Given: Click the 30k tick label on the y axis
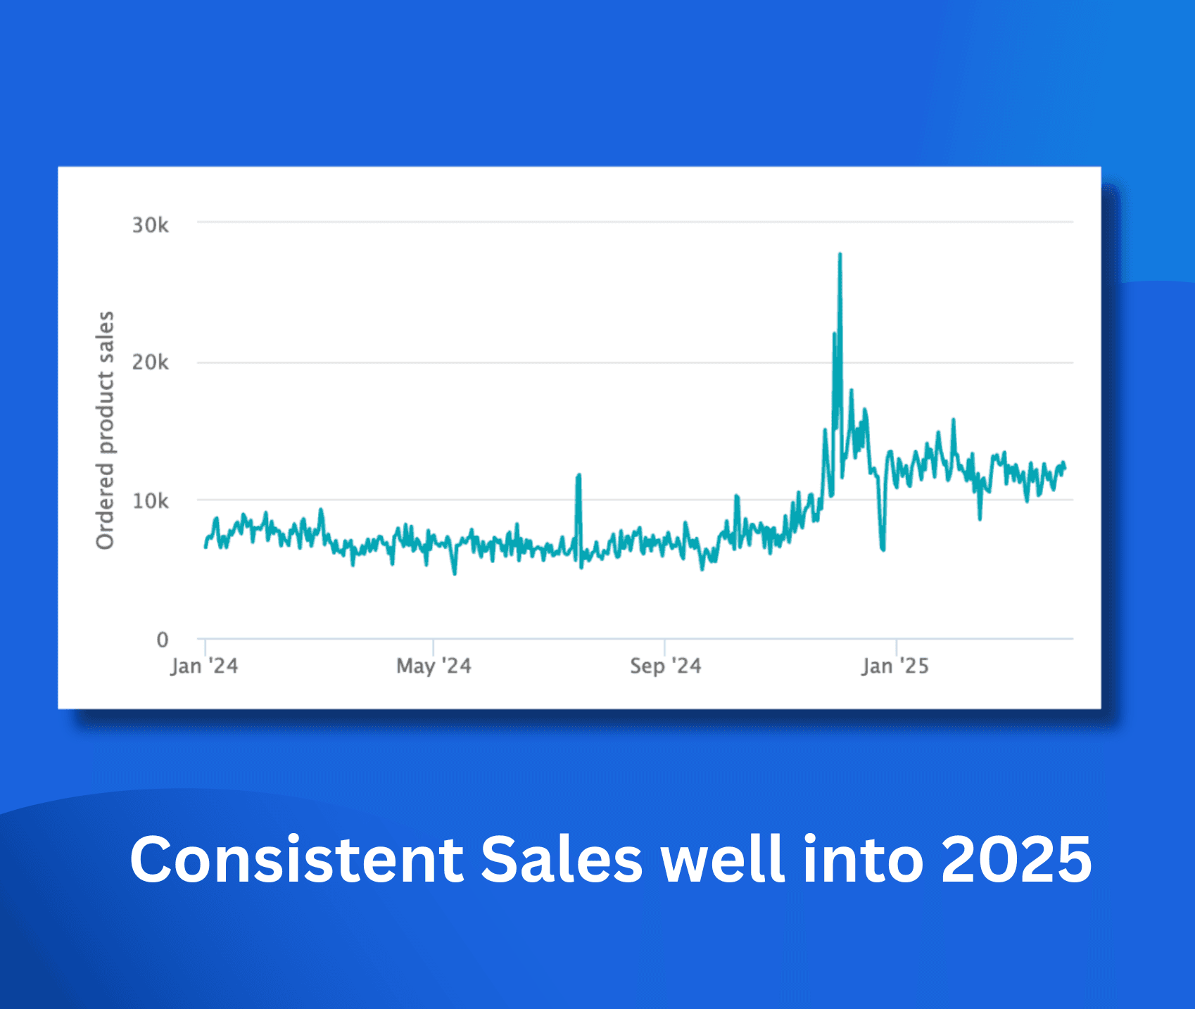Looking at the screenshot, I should pos(150,225).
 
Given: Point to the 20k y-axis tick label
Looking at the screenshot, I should pos(150,362).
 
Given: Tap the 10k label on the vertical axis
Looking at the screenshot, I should pos(150,501).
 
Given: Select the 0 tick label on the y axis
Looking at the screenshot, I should pos(163,640).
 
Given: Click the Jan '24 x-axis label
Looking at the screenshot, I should pos(204,666).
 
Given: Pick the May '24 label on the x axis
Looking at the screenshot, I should pos(434,666).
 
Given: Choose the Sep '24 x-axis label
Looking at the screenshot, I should pos(665,666).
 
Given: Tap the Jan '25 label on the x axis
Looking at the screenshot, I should pos(895,666).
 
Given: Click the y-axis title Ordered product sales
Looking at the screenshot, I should pos(105,430).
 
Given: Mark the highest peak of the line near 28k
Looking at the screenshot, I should pos(840,255).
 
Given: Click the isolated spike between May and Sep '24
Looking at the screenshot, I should pos(578,476).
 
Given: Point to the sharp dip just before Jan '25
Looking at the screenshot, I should pos(883,548).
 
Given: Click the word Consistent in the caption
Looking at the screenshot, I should pos(296,859).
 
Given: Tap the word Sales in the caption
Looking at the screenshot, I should pos(561,859).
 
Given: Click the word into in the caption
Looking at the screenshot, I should pos(863,859).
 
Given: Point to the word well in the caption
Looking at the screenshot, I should pos(723,859).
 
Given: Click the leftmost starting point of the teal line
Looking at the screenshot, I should pos(206,546).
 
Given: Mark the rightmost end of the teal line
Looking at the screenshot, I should pos(1065,468).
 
